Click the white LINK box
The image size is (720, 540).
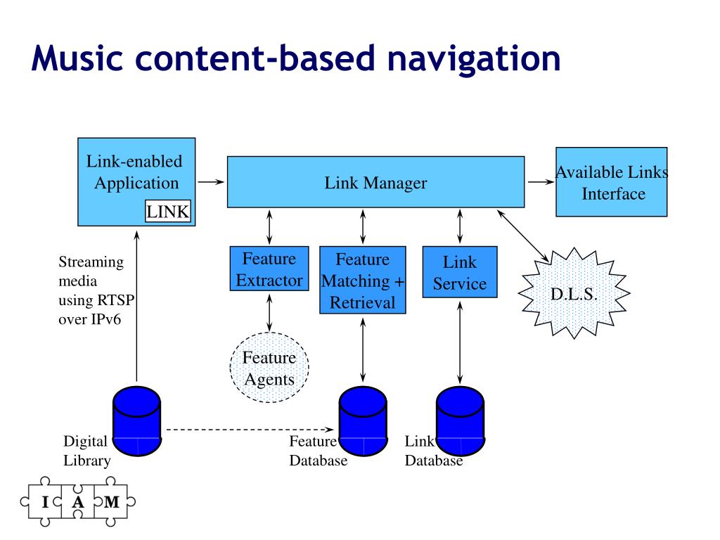[167, 211]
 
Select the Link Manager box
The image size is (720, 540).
[375, 182]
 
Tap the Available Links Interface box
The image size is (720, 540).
[611, 182]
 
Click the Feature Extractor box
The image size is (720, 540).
[269, 269]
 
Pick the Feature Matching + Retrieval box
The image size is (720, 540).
[363, 280]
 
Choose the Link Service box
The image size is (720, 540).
[460, 272]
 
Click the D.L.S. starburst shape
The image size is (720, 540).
[574, 293]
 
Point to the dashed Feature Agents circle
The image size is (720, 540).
[269, 368]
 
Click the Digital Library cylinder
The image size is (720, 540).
[137, 421]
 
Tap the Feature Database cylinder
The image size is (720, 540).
[363, 421]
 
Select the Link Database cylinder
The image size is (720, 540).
[460, 421]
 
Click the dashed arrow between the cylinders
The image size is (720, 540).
[250, 430]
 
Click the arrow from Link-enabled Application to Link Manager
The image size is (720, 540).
[211, 182]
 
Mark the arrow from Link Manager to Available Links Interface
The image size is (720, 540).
[541, 182]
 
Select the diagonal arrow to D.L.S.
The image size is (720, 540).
[523, 237]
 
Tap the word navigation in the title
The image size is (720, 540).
[474, 60]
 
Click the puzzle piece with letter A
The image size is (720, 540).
[77, 501]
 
